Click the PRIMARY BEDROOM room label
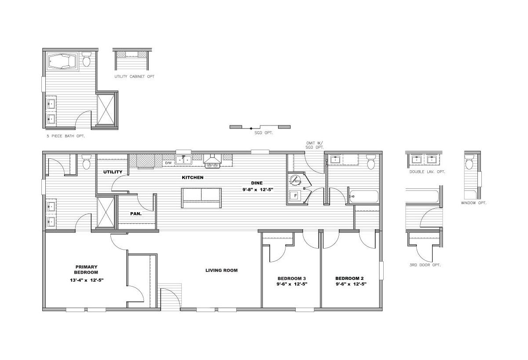86,269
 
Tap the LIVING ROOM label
221,270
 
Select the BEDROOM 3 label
292,279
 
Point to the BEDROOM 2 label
349,279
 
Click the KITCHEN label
193,177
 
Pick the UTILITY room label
113,172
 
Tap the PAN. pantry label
136,214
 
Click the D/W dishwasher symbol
168,163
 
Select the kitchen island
202,198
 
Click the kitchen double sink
183,160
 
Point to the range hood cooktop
213,162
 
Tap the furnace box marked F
295,195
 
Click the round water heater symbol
295,180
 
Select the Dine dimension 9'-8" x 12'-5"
258,190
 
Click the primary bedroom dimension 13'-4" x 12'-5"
87,280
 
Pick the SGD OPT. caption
264,133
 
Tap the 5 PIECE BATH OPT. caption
66,136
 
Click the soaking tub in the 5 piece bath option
62,62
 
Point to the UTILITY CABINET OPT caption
134,77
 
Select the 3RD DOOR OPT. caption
425,265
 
